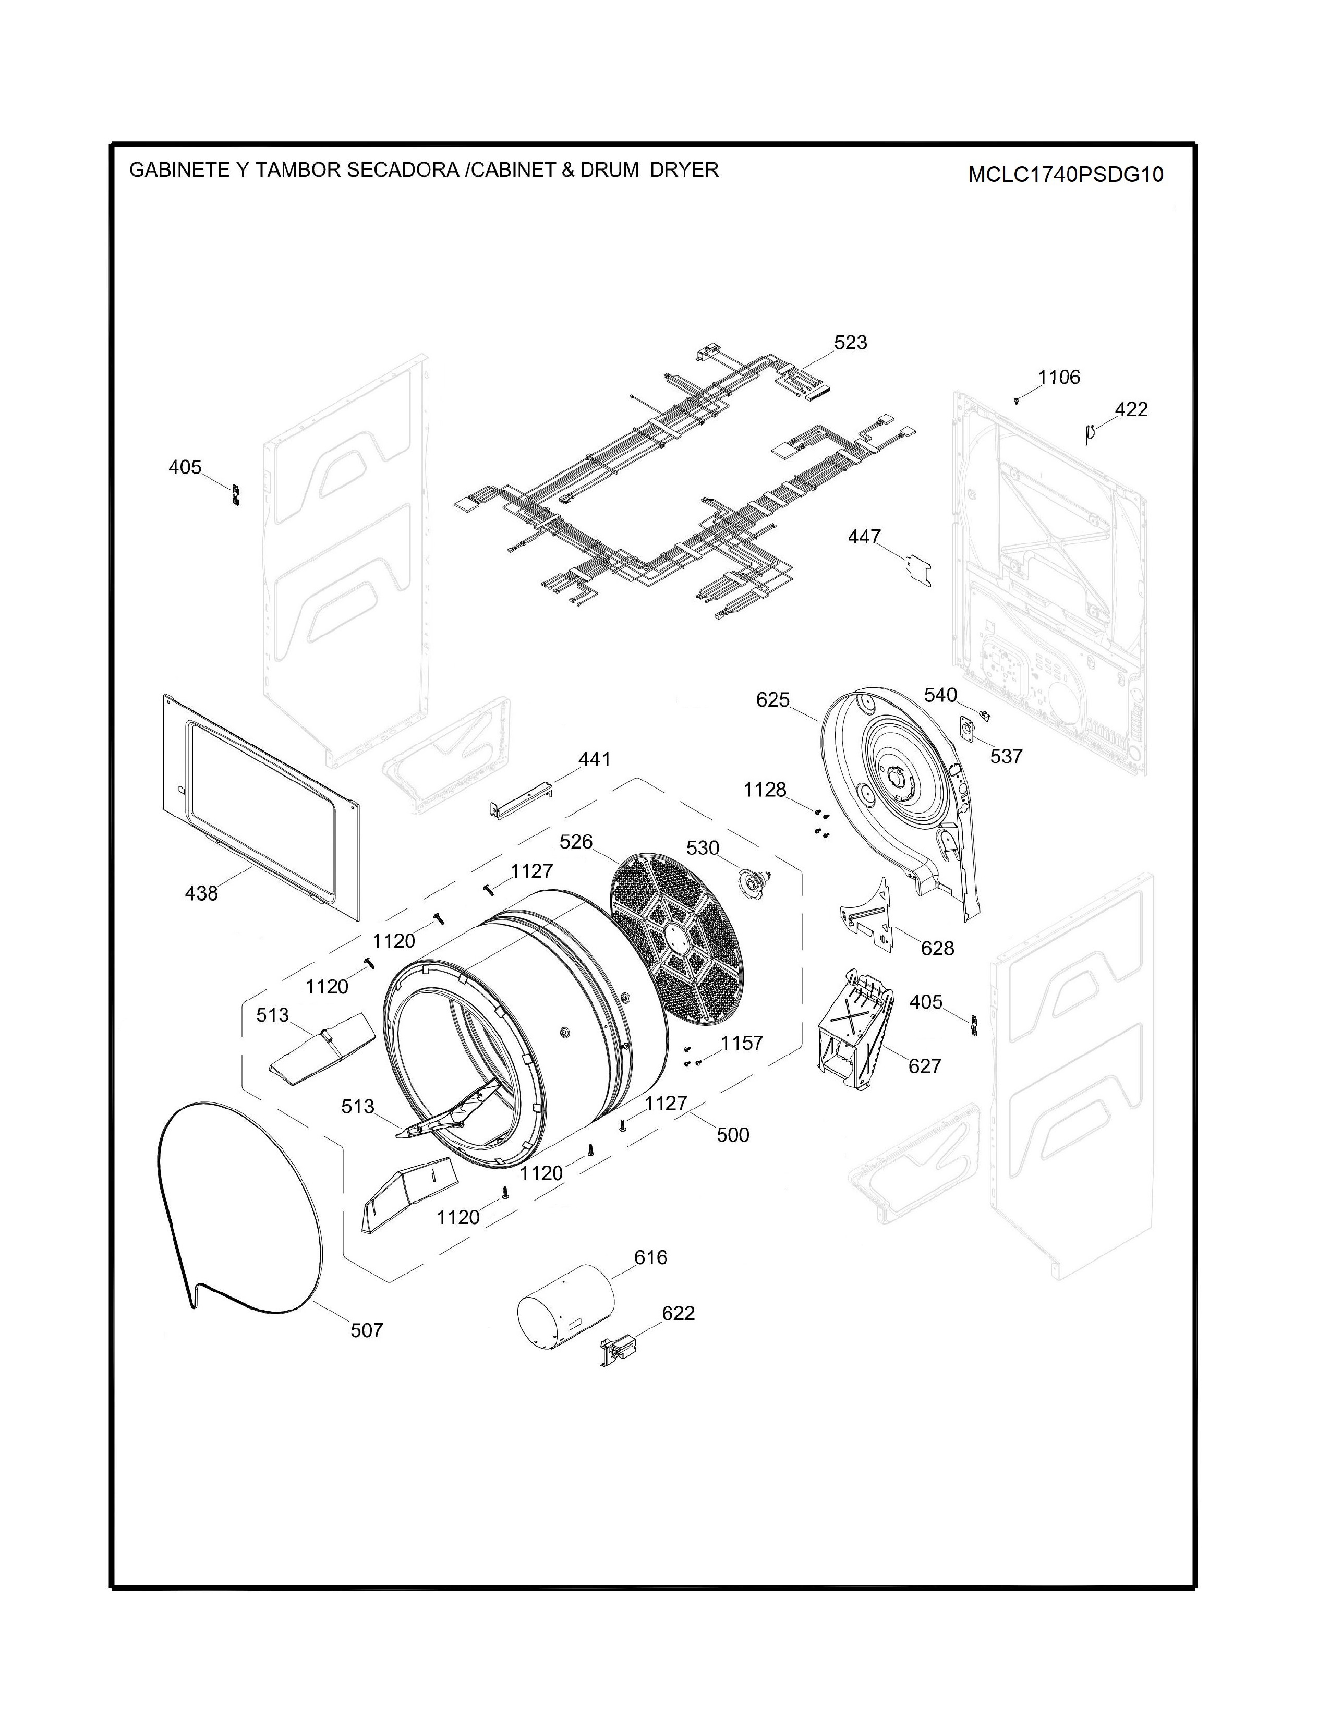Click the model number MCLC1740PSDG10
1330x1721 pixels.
(1065, 174)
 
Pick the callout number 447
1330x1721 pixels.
(864, 537)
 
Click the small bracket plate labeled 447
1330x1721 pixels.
(918, 568)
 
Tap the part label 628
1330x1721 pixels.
(938, 948)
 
